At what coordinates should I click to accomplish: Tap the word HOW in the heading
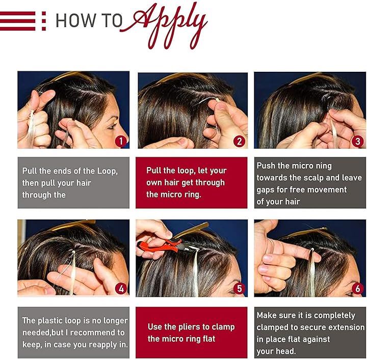pos(75,20)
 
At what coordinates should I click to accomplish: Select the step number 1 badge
pos(121,141)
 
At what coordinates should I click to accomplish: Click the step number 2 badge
pos(239,142)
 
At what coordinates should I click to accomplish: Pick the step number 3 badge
pos(358,142)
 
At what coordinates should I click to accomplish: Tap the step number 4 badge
pos(121,289)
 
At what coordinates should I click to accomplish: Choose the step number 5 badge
pos(239,289)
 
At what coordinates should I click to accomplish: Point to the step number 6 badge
pos(358,289)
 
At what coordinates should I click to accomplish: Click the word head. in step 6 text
pos(285,351)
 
